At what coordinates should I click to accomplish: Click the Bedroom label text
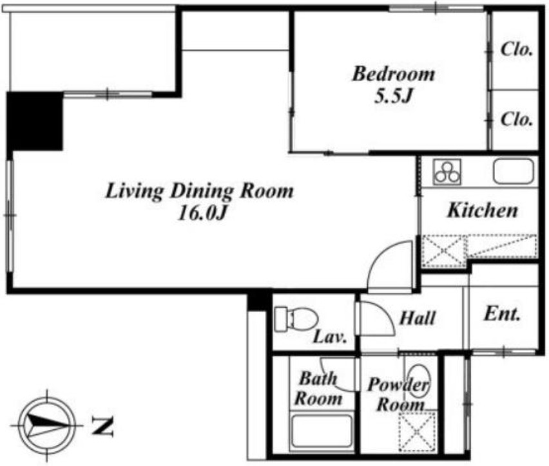point(394,74)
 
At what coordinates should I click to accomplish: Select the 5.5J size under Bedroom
point(392,95)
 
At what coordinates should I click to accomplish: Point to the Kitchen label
point(483,210)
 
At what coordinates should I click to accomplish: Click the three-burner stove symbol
point(447,172)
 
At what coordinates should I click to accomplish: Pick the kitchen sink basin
point(514,171)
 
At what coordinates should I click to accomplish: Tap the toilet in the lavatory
point(296,319)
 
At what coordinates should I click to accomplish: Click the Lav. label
point(330,337)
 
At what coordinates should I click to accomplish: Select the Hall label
point(418,318)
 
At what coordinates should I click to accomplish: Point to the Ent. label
point(502,314)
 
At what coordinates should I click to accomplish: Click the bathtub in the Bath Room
point(322,431)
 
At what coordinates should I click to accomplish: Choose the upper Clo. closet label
point(517,50)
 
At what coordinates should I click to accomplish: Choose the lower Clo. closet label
point(517,119)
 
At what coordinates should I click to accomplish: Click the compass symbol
point(47,426)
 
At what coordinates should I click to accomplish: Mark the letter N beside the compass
point(102,427)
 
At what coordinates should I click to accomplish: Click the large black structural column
point(35,122)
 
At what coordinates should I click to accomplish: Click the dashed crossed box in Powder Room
point(418,431)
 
